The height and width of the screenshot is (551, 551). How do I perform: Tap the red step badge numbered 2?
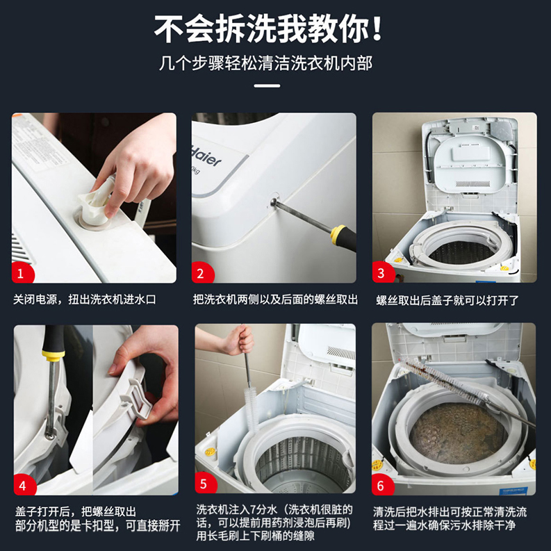(x=202, y=273)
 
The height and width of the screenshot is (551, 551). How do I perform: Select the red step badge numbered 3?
(x=381, y=273)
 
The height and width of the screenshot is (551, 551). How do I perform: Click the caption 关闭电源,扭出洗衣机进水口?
(x=85, y=300)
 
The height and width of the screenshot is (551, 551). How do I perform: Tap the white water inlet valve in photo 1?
(x=97, y=205)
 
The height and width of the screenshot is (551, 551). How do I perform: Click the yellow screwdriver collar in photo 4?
(x=54, y=354)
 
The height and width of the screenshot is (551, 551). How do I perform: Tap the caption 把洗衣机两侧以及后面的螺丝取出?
(x=275, y=300)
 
